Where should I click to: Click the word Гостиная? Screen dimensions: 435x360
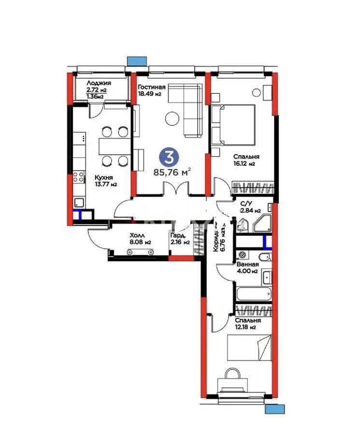point(151,87)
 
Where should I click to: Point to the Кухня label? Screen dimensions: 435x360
point(90,177)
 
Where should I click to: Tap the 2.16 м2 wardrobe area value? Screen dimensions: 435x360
point(179,242)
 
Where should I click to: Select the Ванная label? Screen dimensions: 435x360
point(247,264)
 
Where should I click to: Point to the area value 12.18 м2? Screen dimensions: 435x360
point(245,327)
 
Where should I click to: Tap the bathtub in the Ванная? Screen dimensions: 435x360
point(254,293)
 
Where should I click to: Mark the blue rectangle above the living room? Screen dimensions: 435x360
point(137,60)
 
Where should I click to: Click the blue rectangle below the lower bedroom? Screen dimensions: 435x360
point(274,409)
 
